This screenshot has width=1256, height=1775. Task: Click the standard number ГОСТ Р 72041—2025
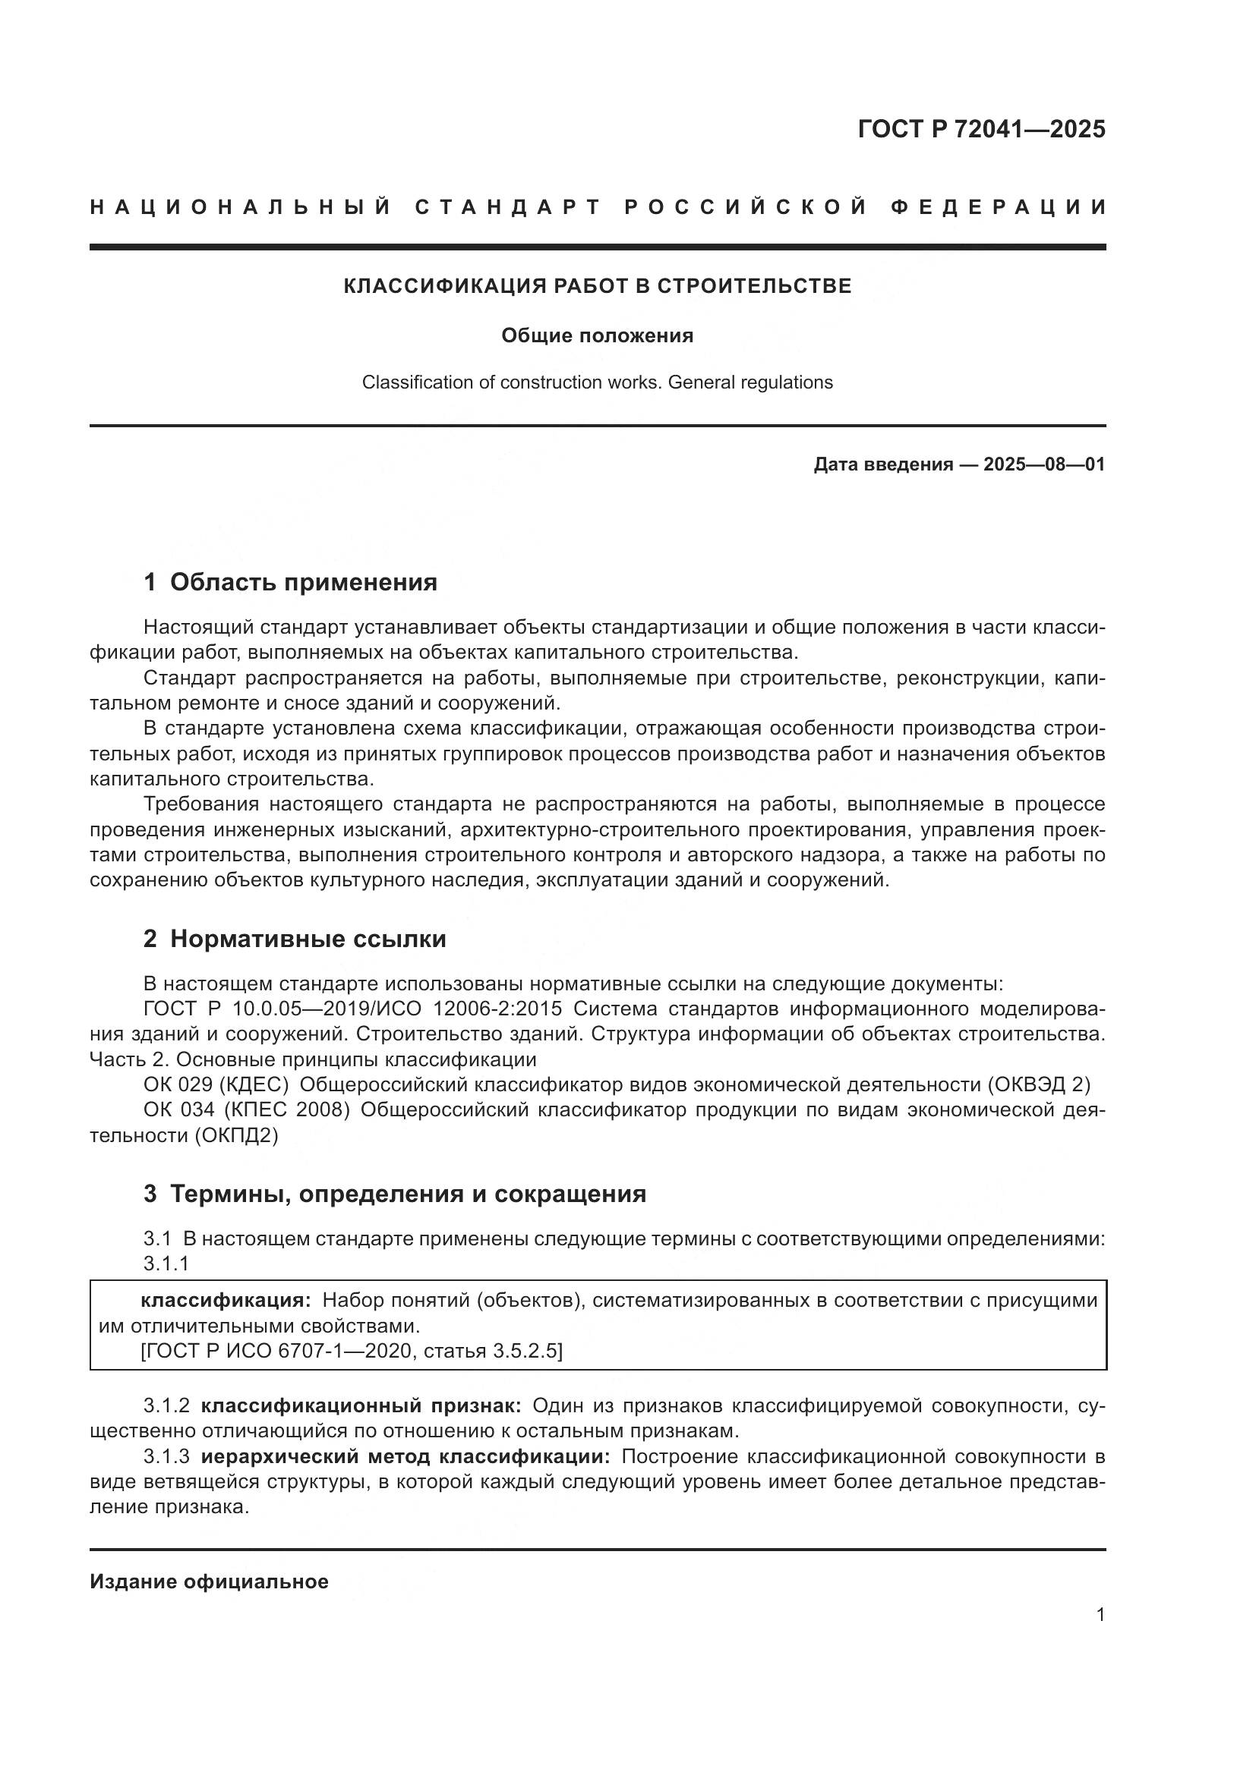[981, 129]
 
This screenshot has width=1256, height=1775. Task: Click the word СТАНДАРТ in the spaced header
[507, 207]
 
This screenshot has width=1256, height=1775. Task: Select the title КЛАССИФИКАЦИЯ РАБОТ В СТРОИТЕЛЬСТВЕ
[597, 286]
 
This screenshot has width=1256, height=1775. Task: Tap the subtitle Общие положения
[597, 335]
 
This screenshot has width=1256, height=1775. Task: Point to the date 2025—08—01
[1044, 464]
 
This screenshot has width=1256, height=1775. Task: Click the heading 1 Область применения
[290, 582]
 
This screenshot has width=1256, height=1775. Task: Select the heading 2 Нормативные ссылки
[295, 939]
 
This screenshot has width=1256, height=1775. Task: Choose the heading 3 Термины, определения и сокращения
[394, 1194]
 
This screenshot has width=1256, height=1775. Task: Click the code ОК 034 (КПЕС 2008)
[247, 1110]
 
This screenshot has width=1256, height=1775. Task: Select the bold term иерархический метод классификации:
[405, 1456]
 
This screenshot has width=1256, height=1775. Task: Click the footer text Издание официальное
[209, 1581]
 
